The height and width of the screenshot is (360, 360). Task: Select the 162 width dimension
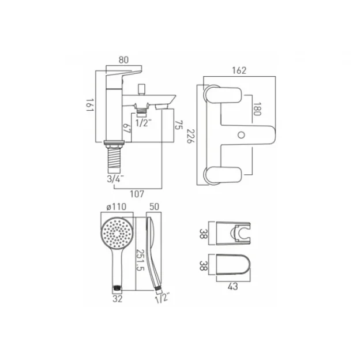(x=239, y=70)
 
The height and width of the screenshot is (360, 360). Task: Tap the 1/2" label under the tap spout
(x=141, y=122)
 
